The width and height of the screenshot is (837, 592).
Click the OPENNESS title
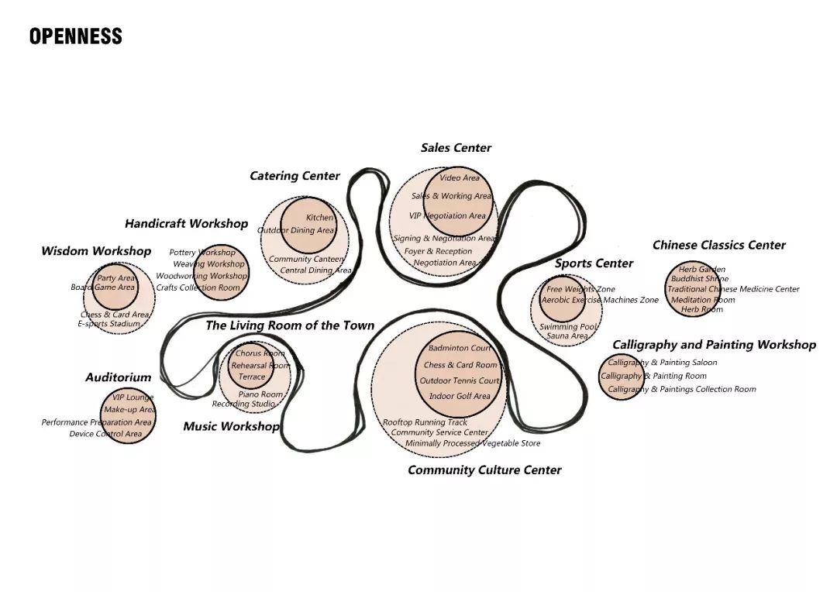(75, 36)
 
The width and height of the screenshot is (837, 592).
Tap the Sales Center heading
(456, 148)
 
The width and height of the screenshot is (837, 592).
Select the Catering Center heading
(294, 176)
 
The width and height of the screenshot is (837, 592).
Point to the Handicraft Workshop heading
(186, 224)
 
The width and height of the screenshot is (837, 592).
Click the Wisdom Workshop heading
(96, 251)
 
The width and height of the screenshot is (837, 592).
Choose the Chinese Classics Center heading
(718, 246)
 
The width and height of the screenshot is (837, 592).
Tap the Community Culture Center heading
(484, 470)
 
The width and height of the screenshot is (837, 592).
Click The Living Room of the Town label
(289, 325)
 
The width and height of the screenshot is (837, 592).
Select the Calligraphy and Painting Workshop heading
(714, 345)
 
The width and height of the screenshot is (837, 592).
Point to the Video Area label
(460, 178)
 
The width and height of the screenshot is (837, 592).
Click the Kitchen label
(319, 218)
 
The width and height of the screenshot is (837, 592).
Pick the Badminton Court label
(460, 349)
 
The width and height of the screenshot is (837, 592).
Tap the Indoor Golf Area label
(460, 396)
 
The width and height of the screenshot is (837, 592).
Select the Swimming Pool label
(568, 327)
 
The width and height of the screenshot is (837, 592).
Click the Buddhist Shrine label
(699, 279)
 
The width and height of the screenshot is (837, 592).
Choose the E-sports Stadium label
(108, 324)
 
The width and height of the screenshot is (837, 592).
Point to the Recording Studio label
(243, 404)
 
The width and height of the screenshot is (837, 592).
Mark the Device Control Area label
(105, 434)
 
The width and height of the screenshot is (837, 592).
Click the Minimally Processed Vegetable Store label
(472, 443)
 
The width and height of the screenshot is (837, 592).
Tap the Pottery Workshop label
(201, 253)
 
